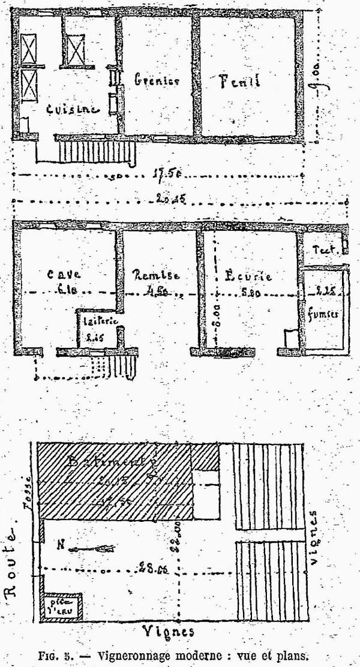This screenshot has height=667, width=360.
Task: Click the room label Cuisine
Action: (72, 109)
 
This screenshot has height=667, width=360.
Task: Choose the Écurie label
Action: (248, 277)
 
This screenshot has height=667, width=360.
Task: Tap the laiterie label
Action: (95, 321)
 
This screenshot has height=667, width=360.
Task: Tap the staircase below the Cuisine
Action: (96, 150)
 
